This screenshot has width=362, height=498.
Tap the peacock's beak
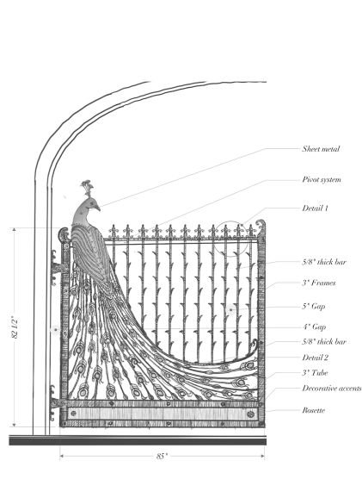98,207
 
